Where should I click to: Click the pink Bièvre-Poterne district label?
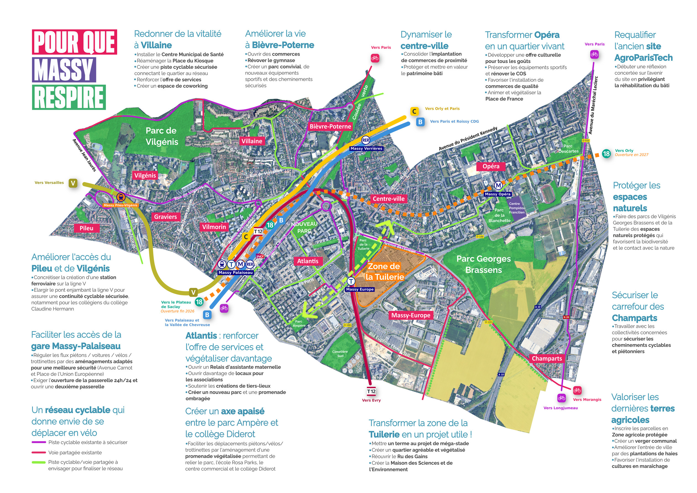click(330, 126)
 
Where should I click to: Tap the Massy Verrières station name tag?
click(366, 148)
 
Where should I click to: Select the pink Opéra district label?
click(491, 166)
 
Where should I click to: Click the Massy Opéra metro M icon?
click(499, 185)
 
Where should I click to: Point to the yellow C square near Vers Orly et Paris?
click(414, 111)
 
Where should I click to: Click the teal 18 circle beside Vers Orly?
click(607, 153)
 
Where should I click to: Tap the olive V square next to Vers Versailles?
click(73, 183)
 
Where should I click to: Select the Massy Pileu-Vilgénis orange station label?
click(120, 205)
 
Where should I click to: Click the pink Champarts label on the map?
click(547, 358)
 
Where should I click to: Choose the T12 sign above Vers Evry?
click(371, 392)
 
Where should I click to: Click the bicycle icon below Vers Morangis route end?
click(577, 390)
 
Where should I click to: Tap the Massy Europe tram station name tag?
click(360, 289)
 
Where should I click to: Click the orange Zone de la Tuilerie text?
click(384, 272)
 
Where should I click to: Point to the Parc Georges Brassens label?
click(484, 264)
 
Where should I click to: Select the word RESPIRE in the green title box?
click(69, 98)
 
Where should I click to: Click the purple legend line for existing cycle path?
click(39, 443)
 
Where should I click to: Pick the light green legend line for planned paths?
click(39, 463)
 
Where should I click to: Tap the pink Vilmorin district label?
click(214, 227)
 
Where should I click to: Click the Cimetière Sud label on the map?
click(340, 354)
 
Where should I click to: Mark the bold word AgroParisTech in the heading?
click(643, 58)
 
